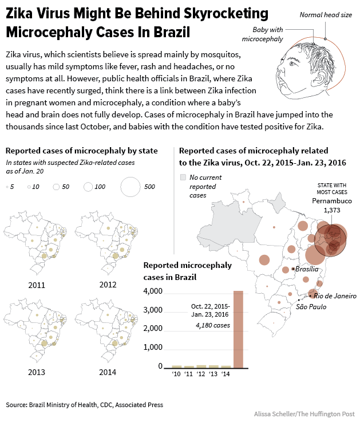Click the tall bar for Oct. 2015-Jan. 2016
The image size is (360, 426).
[x=238, y=329]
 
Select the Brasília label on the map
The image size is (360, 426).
[x=307, y=269]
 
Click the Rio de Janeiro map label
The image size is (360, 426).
[x=335, y=296]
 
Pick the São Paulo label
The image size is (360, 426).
[x=311, y=307]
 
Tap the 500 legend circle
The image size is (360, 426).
[x=131, y=187]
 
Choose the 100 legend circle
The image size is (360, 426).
[x=88, y=187]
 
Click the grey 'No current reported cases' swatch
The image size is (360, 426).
[x=183, y=178]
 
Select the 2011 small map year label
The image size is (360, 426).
[x=36, y=285]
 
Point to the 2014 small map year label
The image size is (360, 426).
[x=106, y=372]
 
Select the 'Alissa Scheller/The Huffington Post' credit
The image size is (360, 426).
[x=304, y=413]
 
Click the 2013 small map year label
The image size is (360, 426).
[x=36, y=372]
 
